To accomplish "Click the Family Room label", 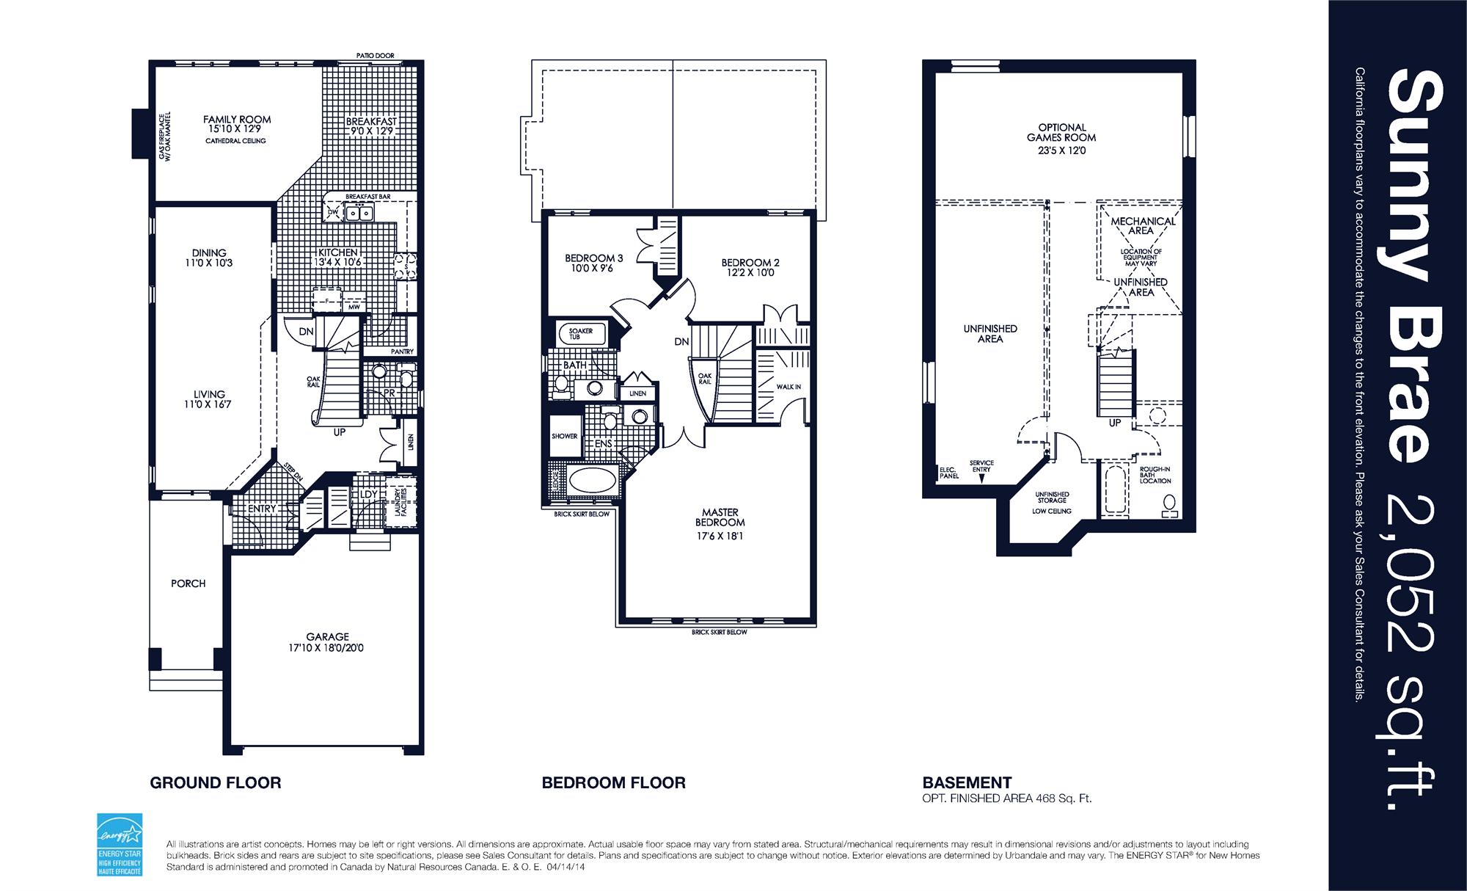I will [237, 120].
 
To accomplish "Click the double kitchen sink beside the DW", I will [359, 213].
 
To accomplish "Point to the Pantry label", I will [403, 352].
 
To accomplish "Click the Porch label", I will [189, 583].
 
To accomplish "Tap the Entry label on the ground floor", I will [262, 509].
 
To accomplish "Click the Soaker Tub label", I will [581, 334].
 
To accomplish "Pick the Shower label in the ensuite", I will [565, 436].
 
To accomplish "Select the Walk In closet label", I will [789, 387].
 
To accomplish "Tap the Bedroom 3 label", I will [593, 258].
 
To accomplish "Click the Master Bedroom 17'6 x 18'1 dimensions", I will [720, 536].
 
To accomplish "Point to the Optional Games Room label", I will [1061, 132].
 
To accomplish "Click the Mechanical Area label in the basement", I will [1142, 225].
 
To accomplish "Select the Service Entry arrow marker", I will [981, 479].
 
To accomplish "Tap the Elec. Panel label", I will [948, 473].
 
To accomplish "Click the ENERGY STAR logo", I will [120, 844].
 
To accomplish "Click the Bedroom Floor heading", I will [613, 782].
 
